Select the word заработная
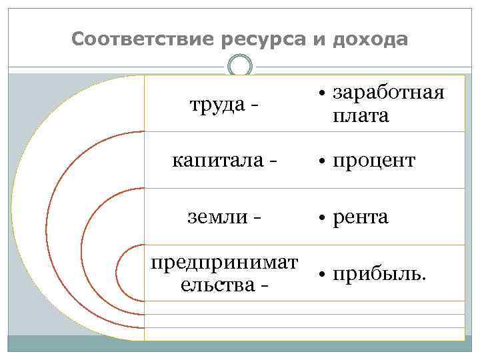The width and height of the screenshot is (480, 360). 387,93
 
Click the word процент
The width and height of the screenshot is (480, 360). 373,161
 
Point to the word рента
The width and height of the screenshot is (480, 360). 360,217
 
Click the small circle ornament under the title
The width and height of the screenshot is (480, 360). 240,65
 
